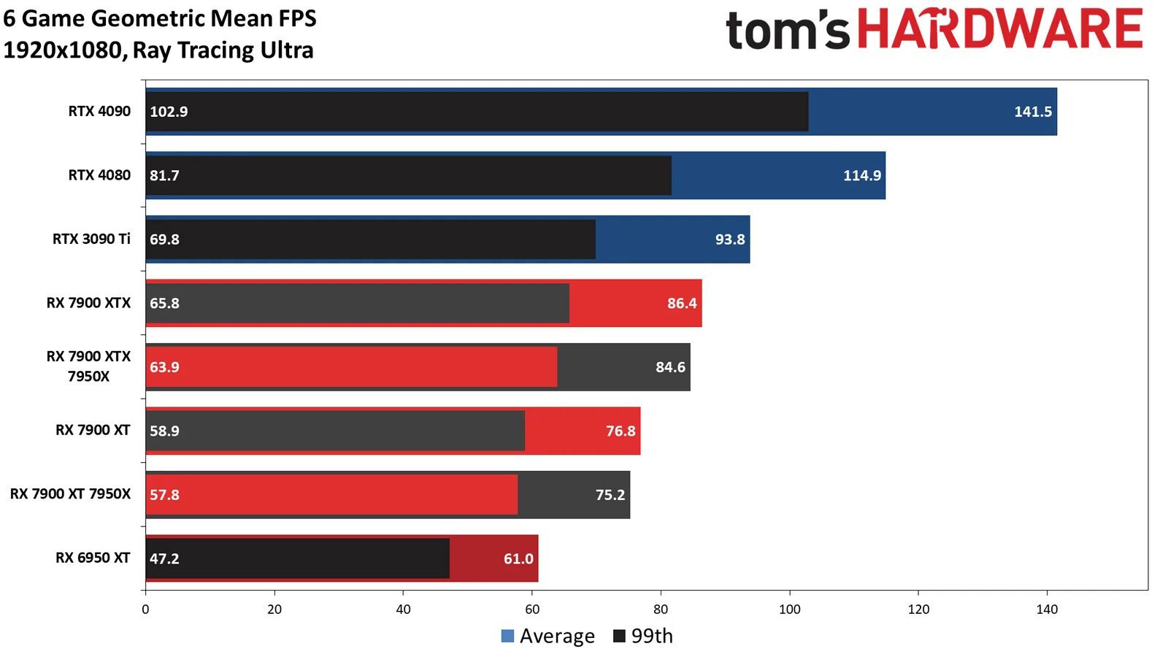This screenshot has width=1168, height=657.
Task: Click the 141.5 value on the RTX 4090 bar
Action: [x=1032, y=112]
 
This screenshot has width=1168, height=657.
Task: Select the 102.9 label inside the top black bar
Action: [x=169, y=112]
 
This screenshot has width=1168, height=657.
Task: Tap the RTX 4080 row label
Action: [x=99, y=175]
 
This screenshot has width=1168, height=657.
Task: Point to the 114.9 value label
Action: [x=861, y=175]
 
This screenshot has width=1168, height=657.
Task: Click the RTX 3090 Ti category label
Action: [x=91, y=239]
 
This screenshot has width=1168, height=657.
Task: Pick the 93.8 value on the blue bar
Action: [x=729, y=239]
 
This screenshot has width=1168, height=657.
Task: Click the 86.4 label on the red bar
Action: [x=681, y=303]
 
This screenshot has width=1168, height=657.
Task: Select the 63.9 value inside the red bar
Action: [x=164, y=367]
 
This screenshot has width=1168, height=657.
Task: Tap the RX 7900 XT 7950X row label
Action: [x=70, y=494]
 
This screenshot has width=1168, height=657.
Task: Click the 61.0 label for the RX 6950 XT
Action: [x=518, y=558]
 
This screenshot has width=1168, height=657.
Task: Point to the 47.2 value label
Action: [x=164, y=558]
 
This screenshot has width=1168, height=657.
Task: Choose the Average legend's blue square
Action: [x=508, y=636]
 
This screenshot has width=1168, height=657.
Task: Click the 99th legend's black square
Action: [x=619, y=636]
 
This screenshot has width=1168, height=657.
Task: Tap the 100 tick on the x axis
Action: [x=789, y=610]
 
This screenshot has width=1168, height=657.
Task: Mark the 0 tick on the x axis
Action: [x=145, y=610]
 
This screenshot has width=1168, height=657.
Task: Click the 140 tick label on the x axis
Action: [x=1047, y=610]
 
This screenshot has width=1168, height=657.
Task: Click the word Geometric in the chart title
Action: [x=123, y=18]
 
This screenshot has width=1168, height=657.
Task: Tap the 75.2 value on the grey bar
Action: [x=610, y=495]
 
